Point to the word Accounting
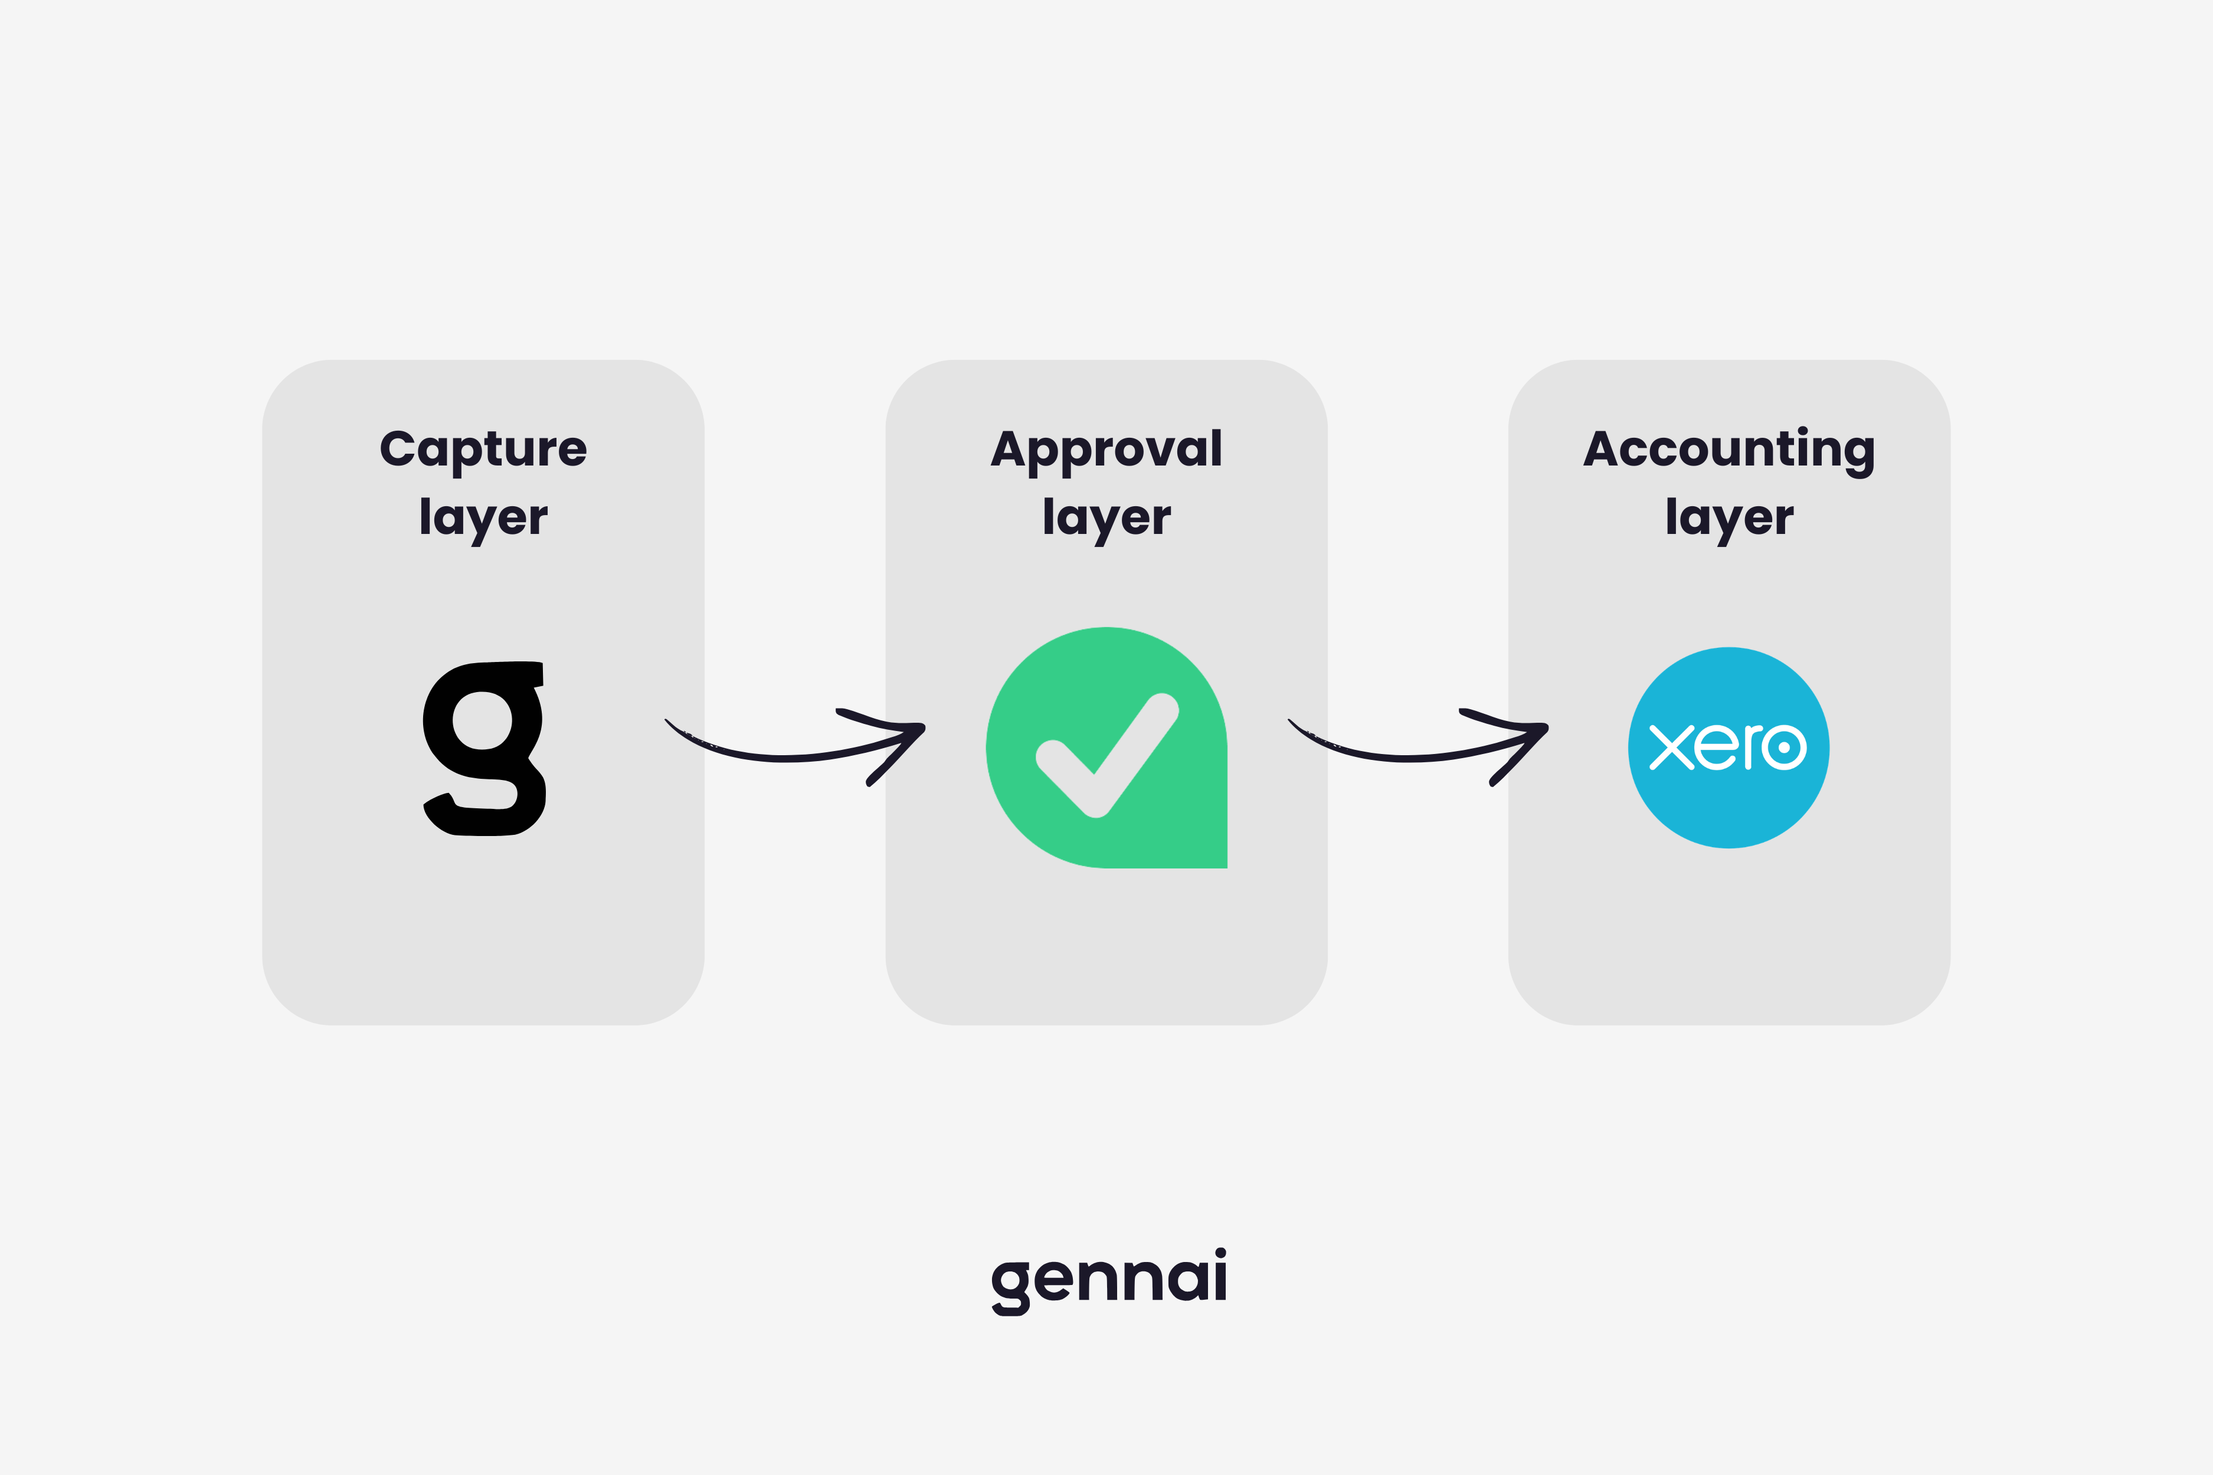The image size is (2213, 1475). click(1729, 449)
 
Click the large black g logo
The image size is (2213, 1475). click(484, 748)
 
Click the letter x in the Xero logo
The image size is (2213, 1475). click(1671, 748)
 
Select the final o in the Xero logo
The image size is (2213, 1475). click(1784, 748)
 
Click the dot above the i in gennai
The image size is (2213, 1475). click(1220, 1253)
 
